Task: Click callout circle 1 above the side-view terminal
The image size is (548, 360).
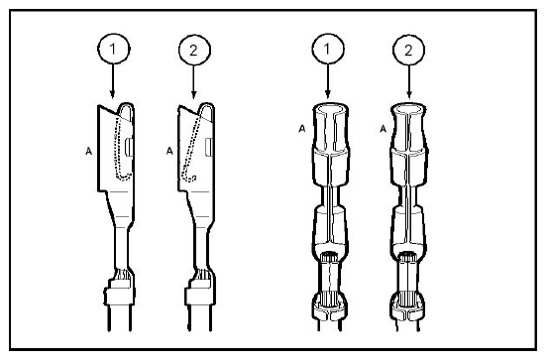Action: pos(113,49)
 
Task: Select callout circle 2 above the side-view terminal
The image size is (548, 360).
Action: pos(193,50)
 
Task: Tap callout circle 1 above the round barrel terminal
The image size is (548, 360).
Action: pos(327,49)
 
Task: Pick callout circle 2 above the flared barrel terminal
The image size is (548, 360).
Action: pos(408,50)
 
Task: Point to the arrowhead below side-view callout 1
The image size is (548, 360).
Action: pos(112,94)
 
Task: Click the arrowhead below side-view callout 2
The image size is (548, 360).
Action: pos(193,94)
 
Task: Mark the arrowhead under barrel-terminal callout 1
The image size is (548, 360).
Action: pos(327,94)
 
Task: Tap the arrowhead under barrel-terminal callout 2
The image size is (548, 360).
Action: pos(409,94)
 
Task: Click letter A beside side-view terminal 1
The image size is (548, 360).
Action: pos(89,151)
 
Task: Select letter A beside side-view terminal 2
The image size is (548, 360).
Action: pos(169,151)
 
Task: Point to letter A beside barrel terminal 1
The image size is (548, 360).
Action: pos(302,129)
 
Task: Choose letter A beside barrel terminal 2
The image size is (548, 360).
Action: pos(384,129)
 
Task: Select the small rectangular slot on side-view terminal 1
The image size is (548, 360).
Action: pos(128,147)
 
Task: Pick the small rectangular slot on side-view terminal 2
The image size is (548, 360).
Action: pos(209,147)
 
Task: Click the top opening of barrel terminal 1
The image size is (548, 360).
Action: pos(330,108)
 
